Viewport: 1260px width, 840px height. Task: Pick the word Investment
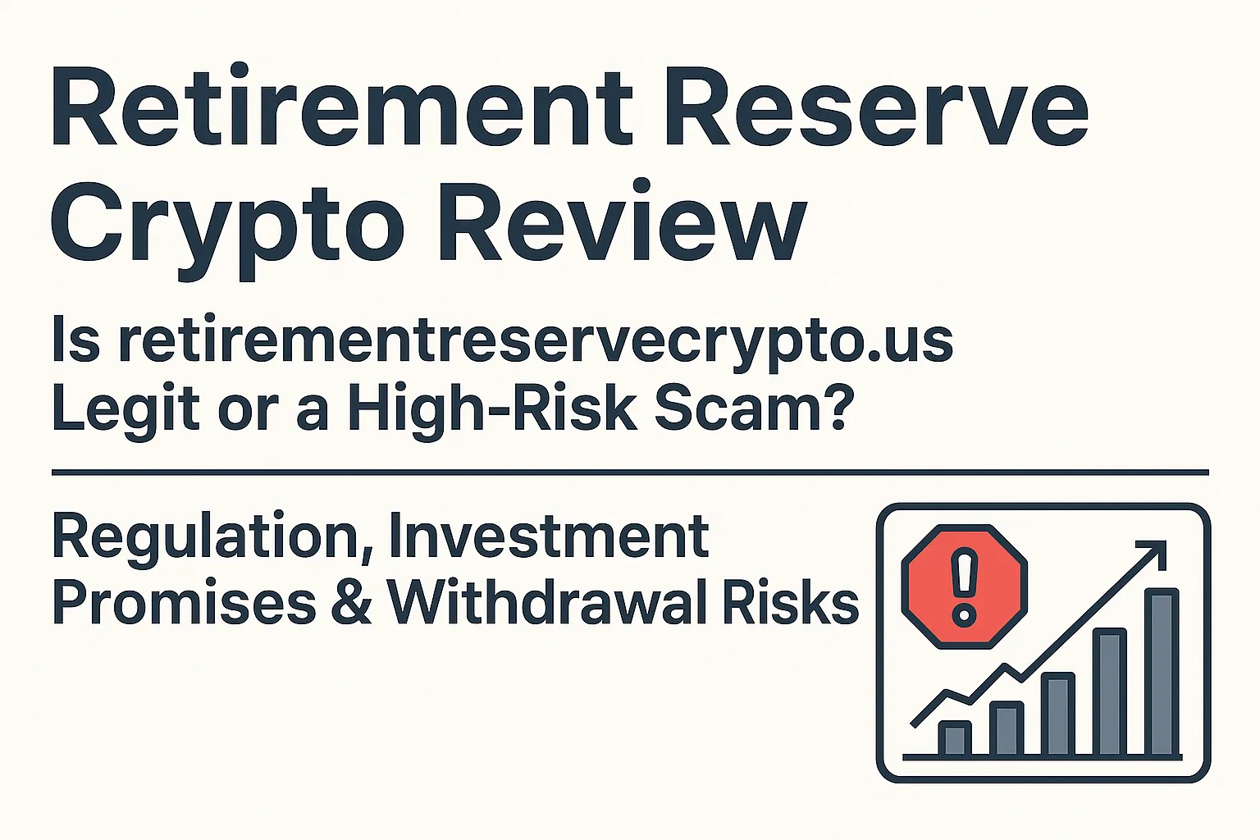coord(549,536)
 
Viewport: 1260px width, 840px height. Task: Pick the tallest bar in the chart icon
coord(1162,673)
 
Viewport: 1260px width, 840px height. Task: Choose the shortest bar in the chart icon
coord(954,737)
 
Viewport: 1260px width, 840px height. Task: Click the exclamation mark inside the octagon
coord(964,586)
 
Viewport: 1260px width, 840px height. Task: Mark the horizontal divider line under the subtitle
coord(630,472)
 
